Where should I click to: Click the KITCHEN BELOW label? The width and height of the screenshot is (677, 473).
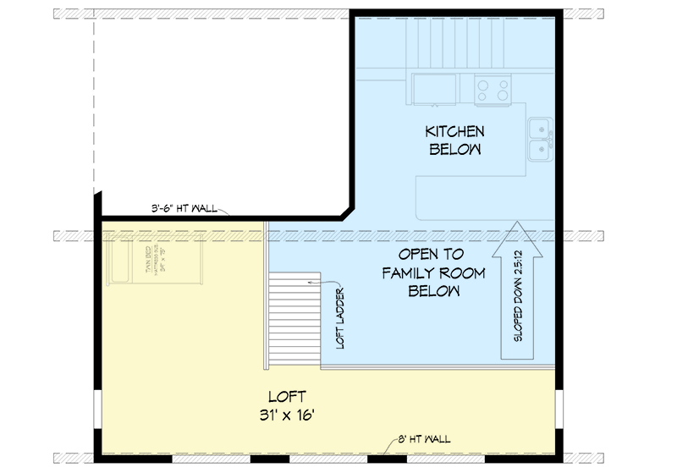(x=454, y=140)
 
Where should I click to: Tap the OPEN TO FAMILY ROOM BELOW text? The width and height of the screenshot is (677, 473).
(x=433, y=273)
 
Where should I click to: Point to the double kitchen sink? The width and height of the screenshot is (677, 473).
(x=540, y=140)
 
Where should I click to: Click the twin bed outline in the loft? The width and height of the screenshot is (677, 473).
(x=155, y=263)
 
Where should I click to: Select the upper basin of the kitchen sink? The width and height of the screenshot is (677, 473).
(x=538, y=129)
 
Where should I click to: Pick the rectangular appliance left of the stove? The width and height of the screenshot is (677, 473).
(x=434, y=89)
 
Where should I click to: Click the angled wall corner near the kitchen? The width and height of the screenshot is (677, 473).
(x=347, y=210)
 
